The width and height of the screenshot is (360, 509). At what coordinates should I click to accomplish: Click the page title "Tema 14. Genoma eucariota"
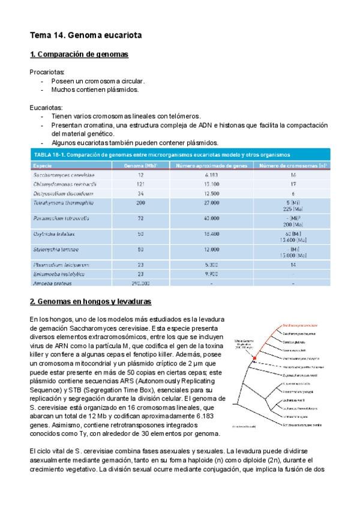tap(86, 36)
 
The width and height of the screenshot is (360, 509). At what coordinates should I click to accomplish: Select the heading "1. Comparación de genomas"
tap(79, 55)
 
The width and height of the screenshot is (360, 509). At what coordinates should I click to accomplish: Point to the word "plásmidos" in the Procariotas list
tap(120, 89)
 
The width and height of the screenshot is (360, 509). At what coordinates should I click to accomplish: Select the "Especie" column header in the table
tap(43, 164)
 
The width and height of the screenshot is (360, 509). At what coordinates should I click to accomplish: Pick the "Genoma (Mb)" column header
tap(141, 164)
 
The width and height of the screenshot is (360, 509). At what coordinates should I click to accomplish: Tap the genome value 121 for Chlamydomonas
tap(140, 183)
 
